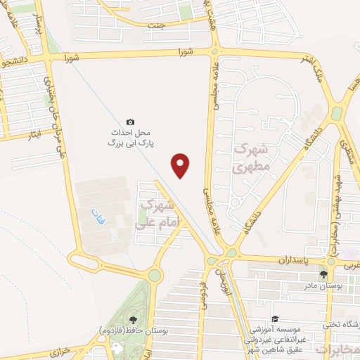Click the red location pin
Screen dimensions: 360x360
pyautogui.click(x=181, y=165)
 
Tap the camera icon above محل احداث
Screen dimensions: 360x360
pyautogui.click(x=129, y=121)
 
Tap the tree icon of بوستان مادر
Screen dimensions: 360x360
pyautogui.click(x=323, y=274)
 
